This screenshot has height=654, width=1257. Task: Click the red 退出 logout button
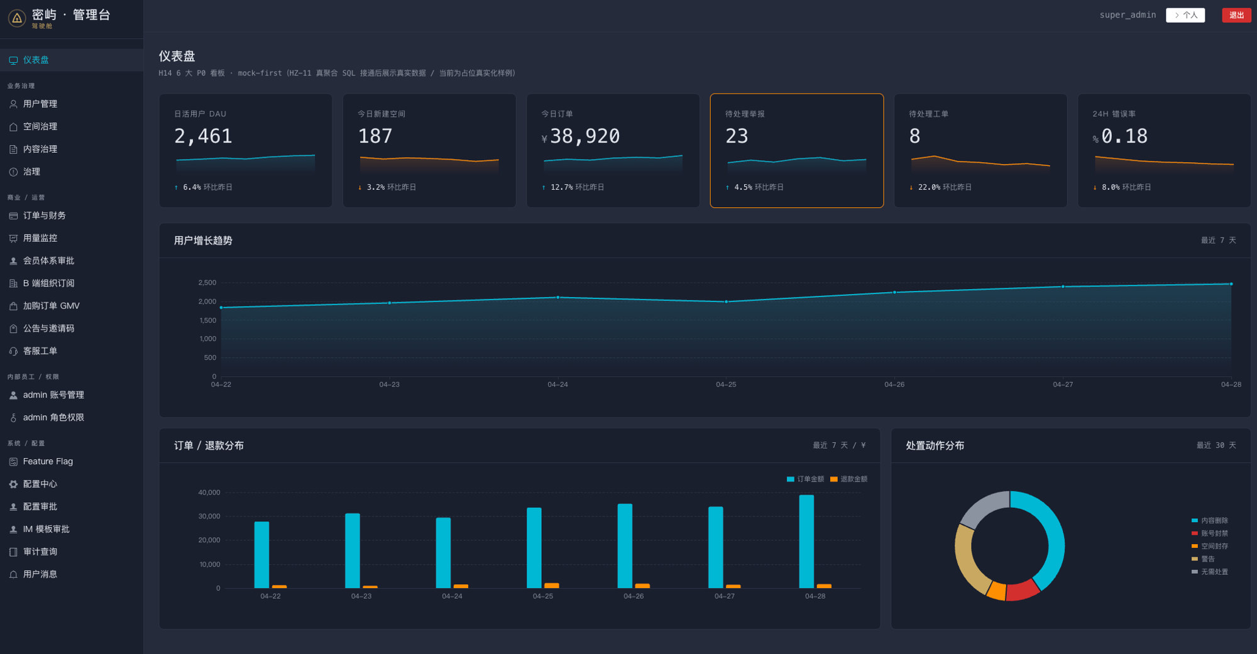point(1236,15)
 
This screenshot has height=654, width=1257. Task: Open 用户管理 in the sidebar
point(40,104)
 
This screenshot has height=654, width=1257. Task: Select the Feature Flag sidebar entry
point(48,461)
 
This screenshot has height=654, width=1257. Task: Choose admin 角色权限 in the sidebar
point(53,417)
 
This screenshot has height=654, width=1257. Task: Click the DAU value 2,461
point(203,136)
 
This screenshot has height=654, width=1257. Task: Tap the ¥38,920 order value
point(581,136)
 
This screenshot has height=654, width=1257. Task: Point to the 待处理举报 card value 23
point(737,136)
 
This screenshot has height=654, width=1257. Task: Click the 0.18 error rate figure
point(1124,136)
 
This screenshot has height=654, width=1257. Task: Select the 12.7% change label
point(561,187)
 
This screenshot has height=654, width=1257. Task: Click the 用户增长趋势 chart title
point(203,241)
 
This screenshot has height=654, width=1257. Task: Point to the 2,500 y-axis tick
point(207,283)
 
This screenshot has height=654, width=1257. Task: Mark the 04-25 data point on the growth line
point(726,302)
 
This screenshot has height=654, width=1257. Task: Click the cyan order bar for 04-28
point(806,542)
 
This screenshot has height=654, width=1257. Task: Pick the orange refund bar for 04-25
point(551,586)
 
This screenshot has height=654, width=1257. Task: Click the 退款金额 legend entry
point(848,479)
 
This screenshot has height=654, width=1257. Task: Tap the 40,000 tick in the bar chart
point(209,493)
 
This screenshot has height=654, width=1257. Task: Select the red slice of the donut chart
point(1022,590)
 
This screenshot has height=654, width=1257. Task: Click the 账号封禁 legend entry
point(1210,533)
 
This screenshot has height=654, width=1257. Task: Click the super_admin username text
point(1128,15)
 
